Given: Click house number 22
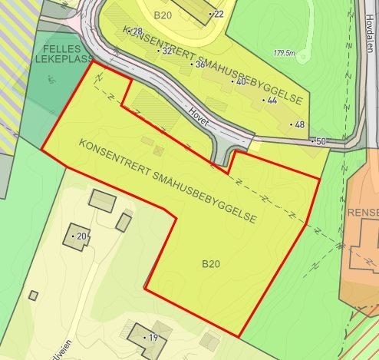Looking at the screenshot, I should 219,14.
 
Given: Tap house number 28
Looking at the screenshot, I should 138,31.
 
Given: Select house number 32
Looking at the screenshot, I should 166,51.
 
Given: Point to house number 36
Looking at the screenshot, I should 199,64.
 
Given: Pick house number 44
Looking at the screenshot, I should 271,101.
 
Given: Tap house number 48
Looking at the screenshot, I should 299,124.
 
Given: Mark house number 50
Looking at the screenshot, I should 320,141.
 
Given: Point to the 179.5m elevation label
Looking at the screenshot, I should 284,53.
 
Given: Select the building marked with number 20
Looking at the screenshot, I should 76,235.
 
